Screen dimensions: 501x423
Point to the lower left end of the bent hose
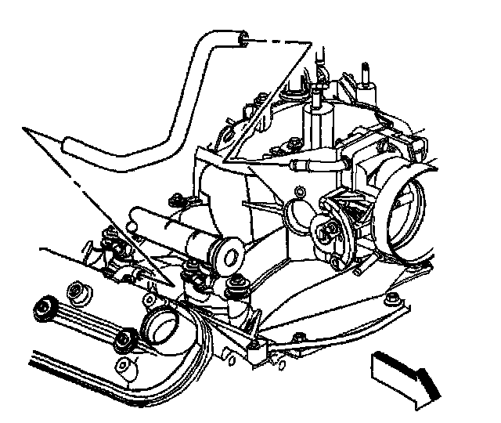[x=68, y=144]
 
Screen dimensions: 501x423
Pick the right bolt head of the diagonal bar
[x=122, y=339]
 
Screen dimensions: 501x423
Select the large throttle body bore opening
[x=408, y=207]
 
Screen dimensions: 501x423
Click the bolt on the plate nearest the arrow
[x=392, y=300]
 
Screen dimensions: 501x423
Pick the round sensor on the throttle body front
[x=329, y=229]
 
